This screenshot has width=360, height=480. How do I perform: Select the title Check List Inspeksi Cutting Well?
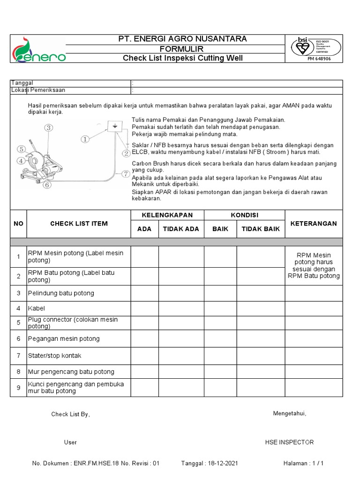[x=183, y=59]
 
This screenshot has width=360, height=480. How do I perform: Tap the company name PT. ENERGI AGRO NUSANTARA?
[x=183, y=39]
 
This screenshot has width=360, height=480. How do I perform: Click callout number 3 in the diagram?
[x=48, y=127]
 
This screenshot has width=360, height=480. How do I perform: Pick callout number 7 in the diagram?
[x=125, y=173]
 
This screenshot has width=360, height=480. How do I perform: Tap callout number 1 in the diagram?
[x=85, y=139]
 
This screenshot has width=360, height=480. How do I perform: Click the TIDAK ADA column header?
[x=181, y=229]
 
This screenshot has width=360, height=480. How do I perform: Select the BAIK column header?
[x=220, y=229]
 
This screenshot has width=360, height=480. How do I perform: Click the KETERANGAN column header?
[x=314, y=224]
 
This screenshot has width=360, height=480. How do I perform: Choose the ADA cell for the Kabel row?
[x=144, y=308]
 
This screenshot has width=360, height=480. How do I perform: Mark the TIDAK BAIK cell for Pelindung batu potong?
[x=260, y=293]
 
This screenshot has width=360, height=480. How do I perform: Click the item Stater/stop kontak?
[x=55, y=355]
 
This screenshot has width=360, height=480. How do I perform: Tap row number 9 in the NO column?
[x=18, y=387]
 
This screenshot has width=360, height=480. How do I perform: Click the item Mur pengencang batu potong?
[x=71, y=372]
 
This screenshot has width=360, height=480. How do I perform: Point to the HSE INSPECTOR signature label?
[x=289, y=442]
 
